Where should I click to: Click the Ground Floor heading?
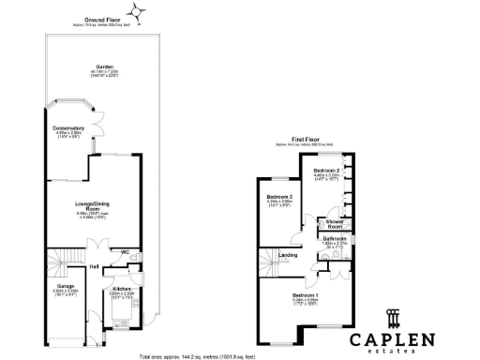pyautogui.click(x=106, y=19)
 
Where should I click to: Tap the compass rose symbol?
pyautogui.click(x=140, y=12)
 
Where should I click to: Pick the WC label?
pyautogui.click(x=125, y=252)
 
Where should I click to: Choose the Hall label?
pyautogui.click(x=95, y=267)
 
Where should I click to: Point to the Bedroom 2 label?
pyautogui.click(x=325, y=170)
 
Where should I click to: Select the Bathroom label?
pyautogui.click(x=335, y=239)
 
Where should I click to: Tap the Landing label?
pyautogui.click(x=289, y=255)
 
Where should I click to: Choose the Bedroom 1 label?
pyautogui.click(x=305, y=296)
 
